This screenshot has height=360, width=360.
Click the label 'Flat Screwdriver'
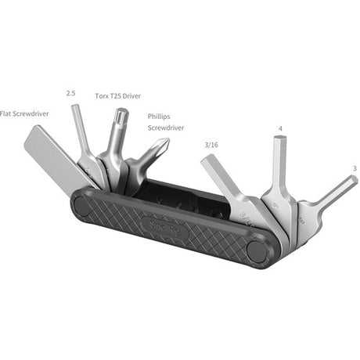click(x=24, y=113)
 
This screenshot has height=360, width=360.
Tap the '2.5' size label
click(x=71, y=93)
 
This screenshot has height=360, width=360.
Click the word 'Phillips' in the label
click(x=162, y=116)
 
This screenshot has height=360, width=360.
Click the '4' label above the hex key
click(x=280, y=128)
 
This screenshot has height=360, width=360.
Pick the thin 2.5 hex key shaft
click(x=81, y=129)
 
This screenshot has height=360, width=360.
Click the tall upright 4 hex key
click(x=283, y=168)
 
